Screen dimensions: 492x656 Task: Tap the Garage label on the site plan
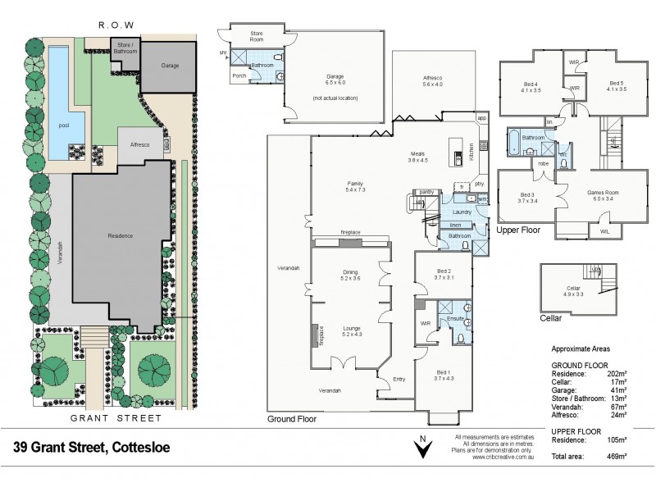pos(170,66)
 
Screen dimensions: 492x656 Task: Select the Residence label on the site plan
pos(121,235)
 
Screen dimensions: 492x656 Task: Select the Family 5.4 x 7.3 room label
pos(356,186)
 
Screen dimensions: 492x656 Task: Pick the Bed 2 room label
pos(440,275)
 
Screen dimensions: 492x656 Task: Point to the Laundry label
pos(462,212)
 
